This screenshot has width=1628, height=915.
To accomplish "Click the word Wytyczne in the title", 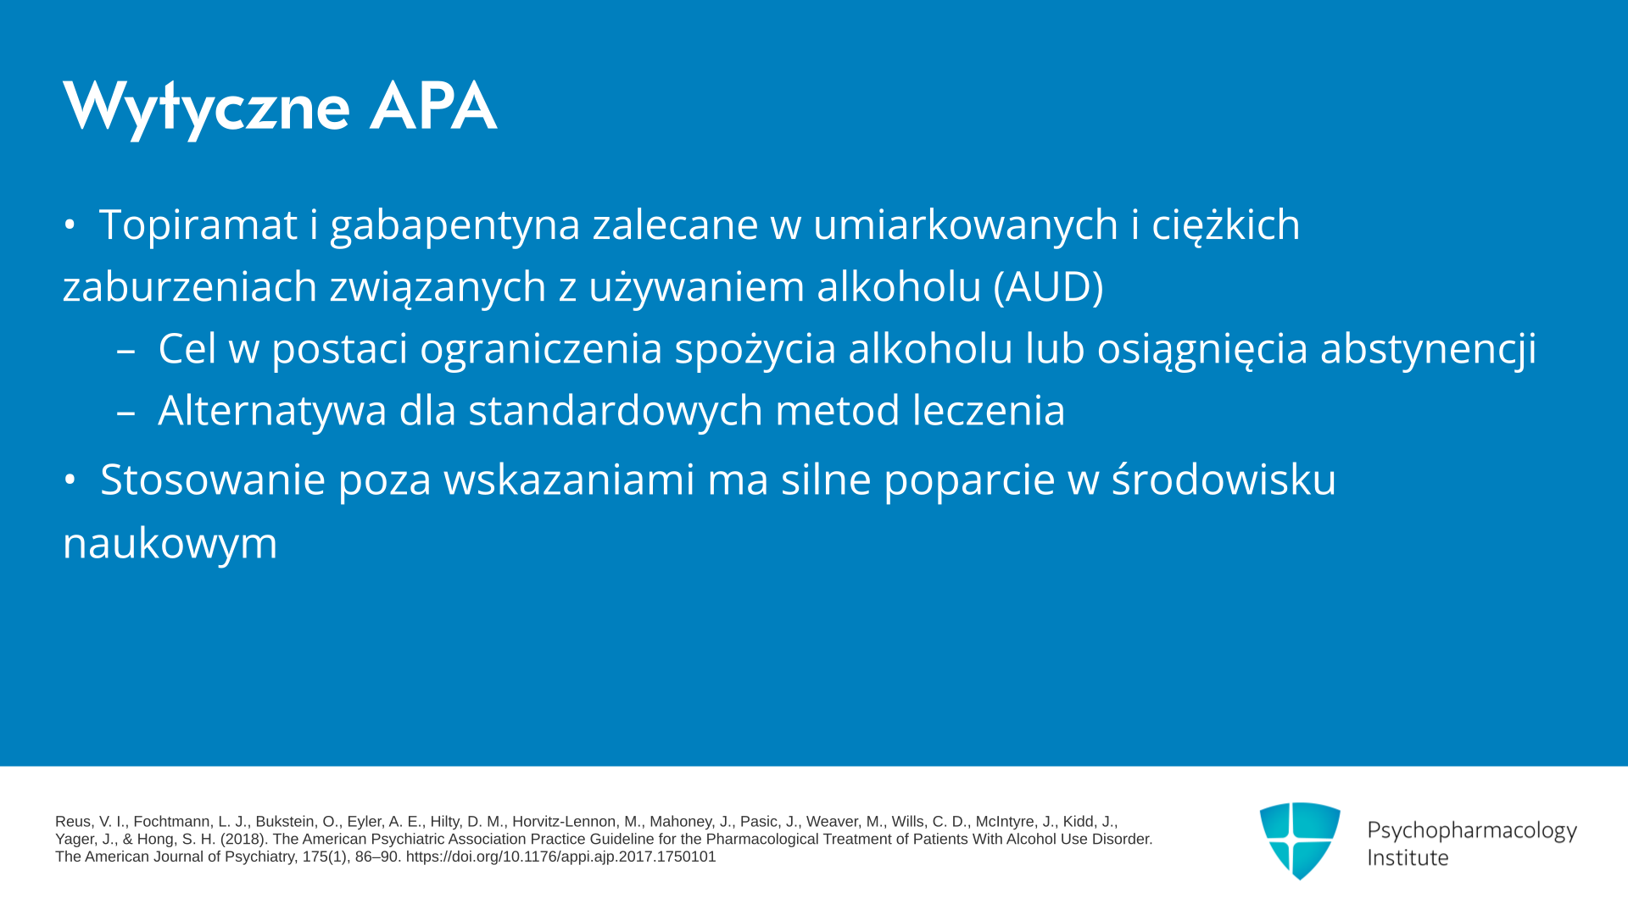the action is (206, 108).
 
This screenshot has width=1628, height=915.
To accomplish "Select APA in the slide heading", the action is (432, 106).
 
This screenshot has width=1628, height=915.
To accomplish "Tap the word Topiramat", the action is (198, 225).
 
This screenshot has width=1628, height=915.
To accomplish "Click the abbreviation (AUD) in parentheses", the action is (1049, 286).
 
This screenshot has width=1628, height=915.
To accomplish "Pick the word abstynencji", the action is (1428, 348).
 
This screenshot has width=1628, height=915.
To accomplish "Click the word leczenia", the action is (989, 410).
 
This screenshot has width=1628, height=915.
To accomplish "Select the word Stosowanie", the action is (213, 480).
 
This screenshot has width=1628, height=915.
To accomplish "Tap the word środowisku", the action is (1224, 479).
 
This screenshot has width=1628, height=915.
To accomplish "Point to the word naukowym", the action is (170, 543).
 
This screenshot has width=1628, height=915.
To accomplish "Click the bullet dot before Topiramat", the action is (70, 225).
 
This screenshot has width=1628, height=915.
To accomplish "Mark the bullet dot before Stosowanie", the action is (70, 480).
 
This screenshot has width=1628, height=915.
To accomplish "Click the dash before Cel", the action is (125, 352).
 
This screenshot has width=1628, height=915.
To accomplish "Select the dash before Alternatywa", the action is (125, 413).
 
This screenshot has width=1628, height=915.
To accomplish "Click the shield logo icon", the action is (1300, 840).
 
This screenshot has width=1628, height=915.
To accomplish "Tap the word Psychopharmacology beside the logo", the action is (1472, 831).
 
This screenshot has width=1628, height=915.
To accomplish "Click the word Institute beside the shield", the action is (1408, 858).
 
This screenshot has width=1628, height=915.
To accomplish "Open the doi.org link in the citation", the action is (560, 857).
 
